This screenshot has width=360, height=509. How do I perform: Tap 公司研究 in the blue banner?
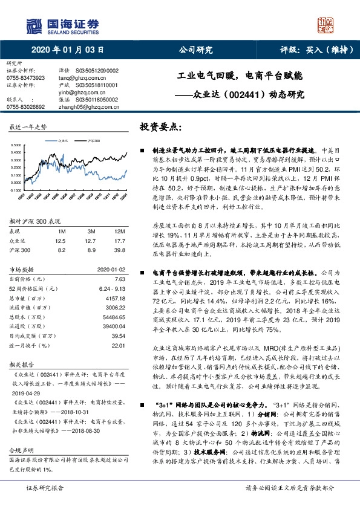pyautogui.click(x=195, y=50)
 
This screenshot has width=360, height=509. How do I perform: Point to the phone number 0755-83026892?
pyautogui.click(x=25, y=106)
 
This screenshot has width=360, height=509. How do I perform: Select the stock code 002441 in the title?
pyautogui.click(x=244, y=94)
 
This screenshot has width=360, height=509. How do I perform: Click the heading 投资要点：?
pyautogui.click(x=161, y=128)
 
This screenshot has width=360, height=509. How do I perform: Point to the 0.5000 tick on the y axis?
pyautogui.click(x=18, y=145)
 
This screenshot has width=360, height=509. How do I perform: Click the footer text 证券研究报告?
pyautogui.click(x=44, y=504)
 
